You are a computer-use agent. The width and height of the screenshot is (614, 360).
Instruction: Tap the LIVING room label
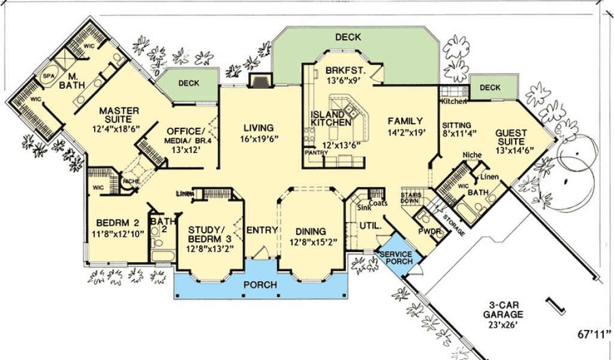point(258,128)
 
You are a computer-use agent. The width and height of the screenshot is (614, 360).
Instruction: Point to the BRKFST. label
point(345,71)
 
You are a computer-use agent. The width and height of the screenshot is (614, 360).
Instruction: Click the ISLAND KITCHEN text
point(331,118)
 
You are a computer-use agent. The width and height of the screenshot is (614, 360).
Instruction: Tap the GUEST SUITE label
point(511,137)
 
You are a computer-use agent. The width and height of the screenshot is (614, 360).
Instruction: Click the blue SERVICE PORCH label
point(396,257)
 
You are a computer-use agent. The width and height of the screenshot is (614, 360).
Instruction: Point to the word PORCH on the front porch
point(260,284)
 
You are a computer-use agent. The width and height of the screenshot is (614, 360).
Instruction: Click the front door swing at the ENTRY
point(261,252)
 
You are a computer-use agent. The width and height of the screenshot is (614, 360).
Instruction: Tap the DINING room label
point(311,231)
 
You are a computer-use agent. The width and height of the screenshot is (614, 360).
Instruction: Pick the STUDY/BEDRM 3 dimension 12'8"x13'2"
point(210,248)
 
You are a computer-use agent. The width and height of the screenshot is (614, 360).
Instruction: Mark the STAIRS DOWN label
point(411,198)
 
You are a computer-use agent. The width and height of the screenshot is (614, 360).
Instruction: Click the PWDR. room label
point(431,232)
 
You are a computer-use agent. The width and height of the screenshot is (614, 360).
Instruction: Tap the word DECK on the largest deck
point(348,37)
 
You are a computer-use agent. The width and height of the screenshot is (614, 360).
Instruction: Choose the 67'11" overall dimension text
point(594,334)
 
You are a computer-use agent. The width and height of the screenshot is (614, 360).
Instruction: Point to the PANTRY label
point(317,152)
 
